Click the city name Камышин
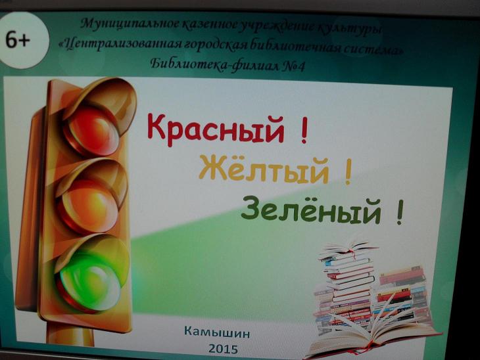click(217, 332)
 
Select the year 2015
click(223, 349)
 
